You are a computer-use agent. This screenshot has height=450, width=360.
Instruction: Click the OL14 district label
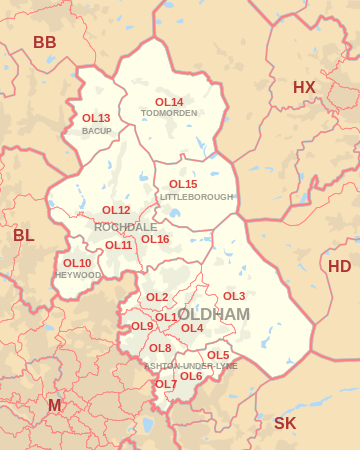point(169,102)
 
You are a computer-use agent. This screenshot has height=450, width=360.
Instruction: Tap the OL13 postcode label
point(96,118)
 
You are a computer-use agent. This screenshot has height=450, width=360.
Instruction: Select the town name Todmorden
point(169,113)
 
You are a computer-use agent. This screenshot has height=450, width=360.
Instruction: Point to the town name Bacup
point(96,131)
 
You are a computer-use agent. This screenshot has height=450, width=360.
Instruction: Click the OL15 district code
point(183,184)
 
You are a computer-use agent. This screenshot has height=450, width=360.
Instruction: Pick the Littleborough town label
point(196,197)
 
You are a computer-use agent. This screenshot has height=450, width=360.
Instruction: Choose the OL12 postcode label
point(116,210)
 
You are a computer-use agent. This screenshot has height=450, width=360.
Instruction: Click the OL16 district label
point(154,239)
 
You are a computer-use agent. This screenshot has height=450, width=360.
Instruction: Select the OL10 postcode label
point(77,263)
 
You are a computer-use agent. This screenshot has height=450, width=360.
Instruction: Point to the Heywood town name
point(79,275)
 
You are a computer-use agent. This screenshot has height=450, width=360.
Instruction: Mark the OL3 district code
point(234,296)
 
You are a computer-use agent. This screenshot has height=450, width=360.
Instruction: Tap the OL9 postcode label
point(142,326)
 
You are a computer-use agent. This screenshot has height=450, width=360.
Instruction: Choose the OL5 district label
point(218,355)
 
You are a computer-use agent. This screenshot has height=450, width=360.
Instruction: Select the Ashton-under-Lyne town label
point(190,366)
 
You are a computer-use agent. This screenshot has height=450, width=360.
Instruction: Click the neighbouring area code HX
point(304,88)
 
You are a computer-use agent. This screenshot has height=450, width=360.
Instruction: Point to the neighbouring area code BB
point(45,42)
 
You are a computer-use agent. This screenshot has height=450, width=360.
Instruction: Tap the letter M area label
point(54,405)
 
